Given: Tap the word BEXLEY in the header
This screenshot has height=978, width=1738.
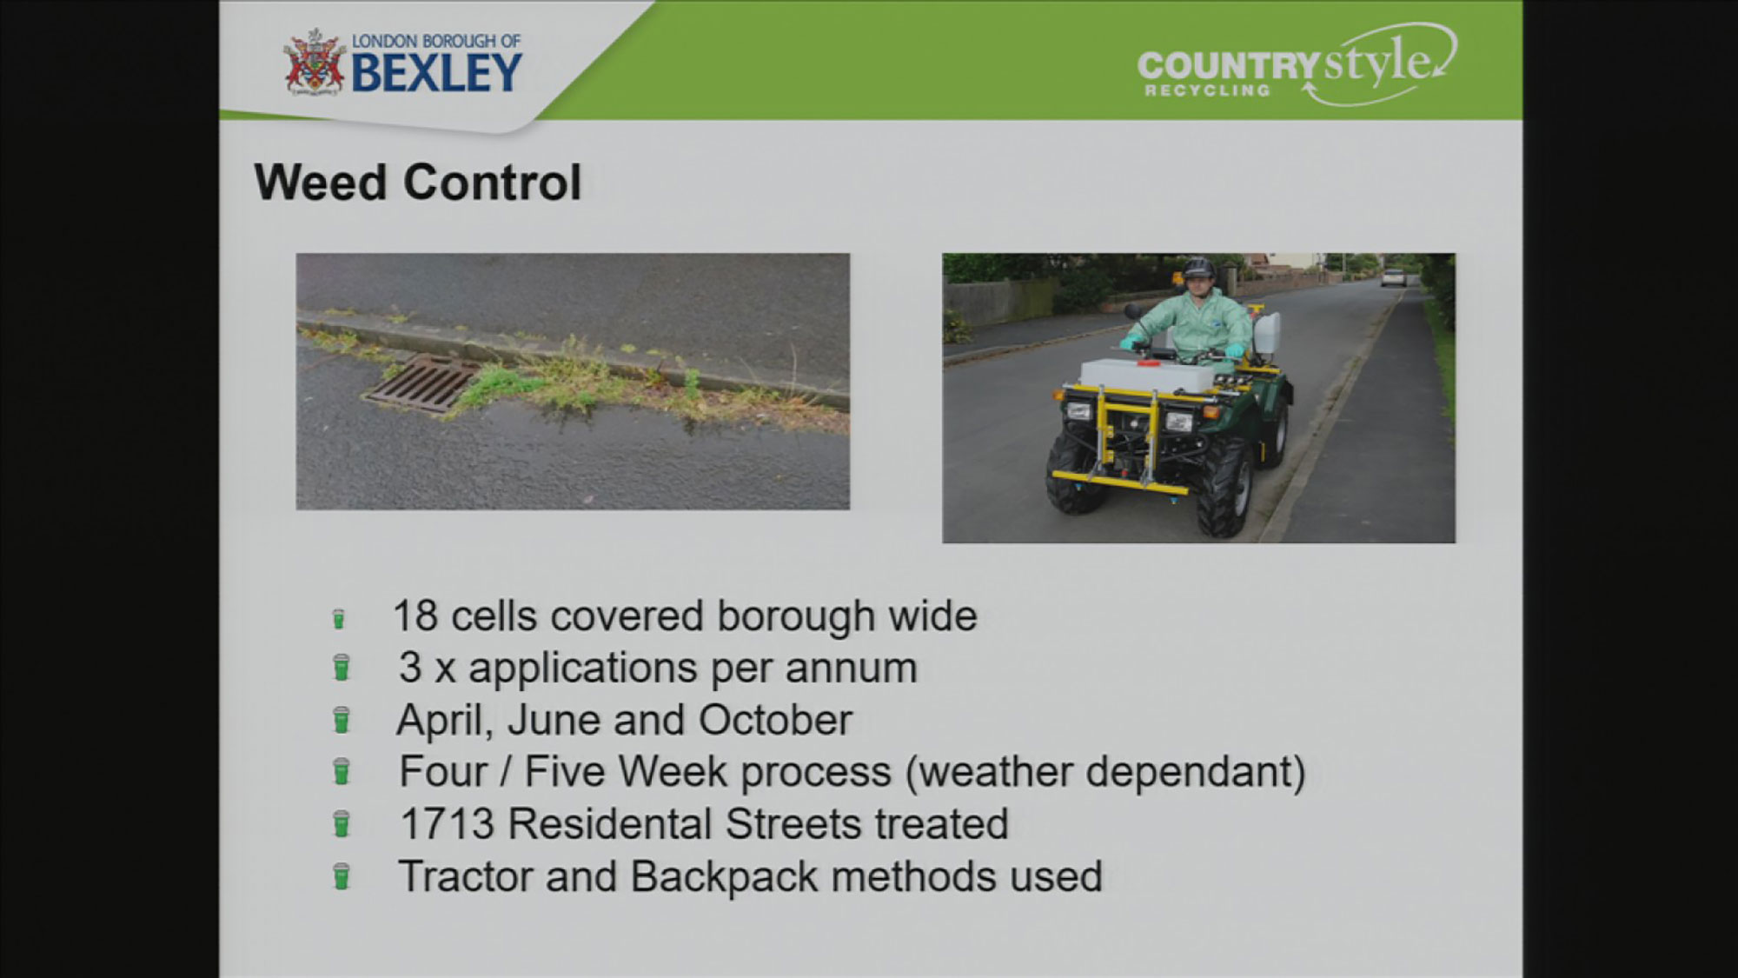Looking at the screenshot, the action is (x=437, y=72).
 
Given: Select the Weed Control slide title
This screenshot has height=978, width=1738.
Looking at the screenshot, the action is (x=418, y=183).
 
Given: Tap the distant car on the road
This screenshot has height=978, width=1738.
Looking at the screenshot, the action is (x=1394, y=276).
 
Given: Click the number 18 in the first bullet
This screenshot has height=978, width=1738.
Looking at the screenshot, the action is (x=415, y=616).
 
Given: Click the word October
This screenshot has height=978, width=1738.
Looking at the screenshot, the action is (x=775, y=720).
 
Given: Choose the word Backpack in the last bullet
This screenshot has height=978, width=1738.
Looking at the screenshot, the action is (x=724, y=877).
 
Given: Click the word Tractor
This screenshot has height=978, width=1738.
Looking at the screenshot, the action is (x=465, y=876).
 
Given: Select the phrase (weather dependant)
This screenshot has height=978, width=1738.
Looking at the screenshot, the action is (x=1105, y=773).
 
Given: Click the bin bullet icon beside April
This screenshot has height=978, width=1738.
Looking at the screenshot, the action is (x=342, y=721).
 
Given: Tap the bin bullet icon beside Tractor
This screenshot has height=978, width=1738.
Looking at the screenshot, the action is (x=342, y=877).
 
